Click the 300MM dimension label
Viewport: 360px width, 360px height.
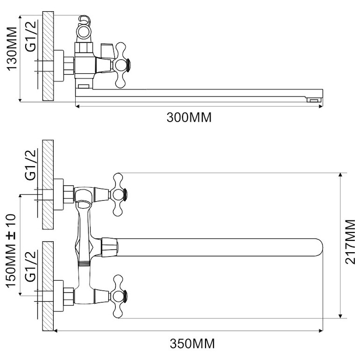pyautogui.click(x=189, y=117)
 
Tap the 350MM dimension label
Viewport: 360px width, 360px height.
pyautogui.click(x=192, y=344)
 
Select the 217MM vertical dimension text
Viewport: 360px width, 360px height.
pyautogui.click(x=350, y=242)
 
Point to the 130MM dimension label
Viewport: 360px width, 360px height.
pyautogui.click(x=12, y=49)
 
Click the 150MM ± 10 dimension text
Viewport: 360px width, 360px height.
pyautogui.click(x=11, y=251)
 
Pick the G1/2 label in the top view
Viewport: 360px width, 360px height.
pyautogui.click(x=31, y=36)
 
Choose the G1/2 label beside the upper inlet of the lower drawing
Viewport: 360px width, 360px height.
pyautogui.click(x=31, y=165)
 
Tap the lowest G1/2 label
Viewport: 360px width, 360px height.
pyautogui.click(x=31, y=266)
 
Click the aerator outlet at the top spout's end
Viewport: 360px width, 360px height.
pyautogui.click(x=314, y=100)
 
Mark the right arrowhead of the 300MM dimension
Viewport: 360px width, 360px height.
pyautogui.click(x=321, y=106)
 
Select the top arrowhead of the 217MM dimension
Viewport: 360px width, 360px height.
pyautogui.click(x=340, y=175)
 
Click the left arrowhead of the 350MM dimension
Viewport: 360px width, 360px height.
pyautogui.click(x=56, y=331)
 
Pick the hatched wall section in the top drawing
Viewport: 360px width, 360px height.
pyautogui.click(x=48, y=56)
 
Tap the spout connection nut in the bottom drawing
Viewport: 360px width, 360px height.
pyautogui.click(x=110, y=247)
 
